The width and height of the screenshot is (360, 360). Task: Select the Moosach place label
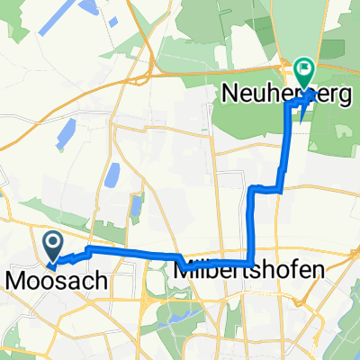56,281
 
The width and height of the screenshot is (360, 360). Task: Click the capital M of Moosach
15,281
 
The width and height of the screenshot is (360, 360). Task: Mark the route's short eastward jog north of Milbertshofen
266,188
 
